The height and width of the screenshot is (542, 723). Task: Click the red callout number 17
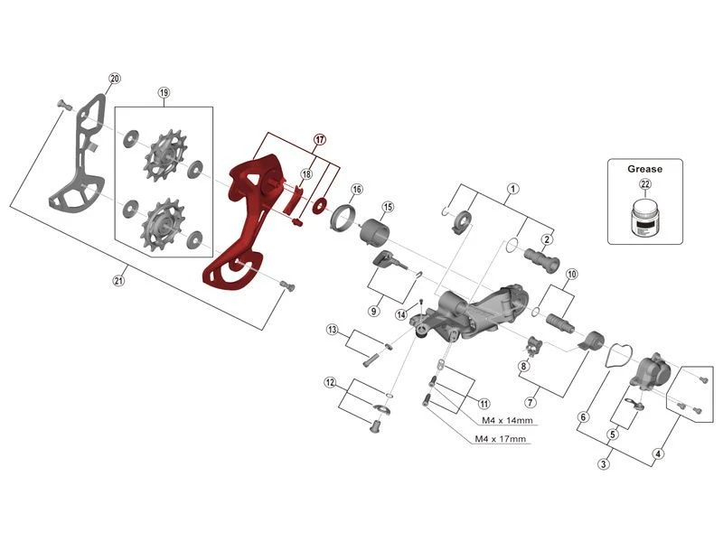tap(320, 139)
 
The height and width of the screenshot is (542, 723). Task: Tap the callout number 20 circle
tap(115, 79)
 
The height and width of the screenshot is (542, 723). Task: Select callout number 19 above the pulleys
tap(164, 93)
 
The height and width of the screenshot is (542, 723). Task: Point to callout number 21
tap(118, 281)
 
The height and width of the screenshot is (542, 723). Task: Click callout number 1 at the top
tap(512, 189)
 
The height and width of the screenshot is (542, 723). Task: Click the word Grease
tap(645, 168)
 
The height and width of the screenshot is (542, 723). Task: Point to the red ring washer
tap(320, 204)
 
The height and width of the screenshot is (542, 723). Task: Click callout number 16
tap(357, 190)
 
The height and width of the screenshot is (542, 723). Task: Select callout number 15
tap(388, 208)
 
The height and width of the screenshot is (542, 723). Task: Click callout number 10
tap(571, 274)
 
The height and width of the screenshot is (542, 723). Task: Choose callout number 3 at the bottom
tap(603, 464)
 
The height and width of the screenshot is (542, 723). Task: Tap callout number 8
tap(523, 366)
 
